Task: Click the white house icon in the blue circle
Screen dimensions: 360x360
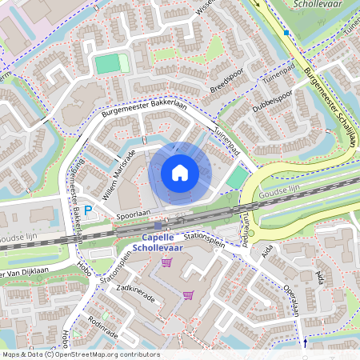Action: point(180,173)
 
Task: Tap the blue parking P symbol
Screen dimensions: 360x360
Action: point(90,211)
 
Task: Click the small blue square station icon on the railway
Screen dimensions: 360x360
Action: point(158,226)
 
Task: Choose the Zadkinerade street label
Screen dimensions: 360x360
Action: point(135,289)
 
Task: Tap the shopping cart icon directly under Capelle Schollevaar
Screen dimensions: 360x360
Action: point(166,262)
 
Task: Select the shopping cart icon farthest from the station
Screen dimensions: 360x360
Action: point(188,294)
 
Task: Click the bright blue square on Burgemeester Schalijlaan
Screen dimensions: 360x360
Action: point(286,33)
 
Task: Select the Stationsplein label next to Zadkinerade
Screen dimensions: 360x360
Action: point(117,272)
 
